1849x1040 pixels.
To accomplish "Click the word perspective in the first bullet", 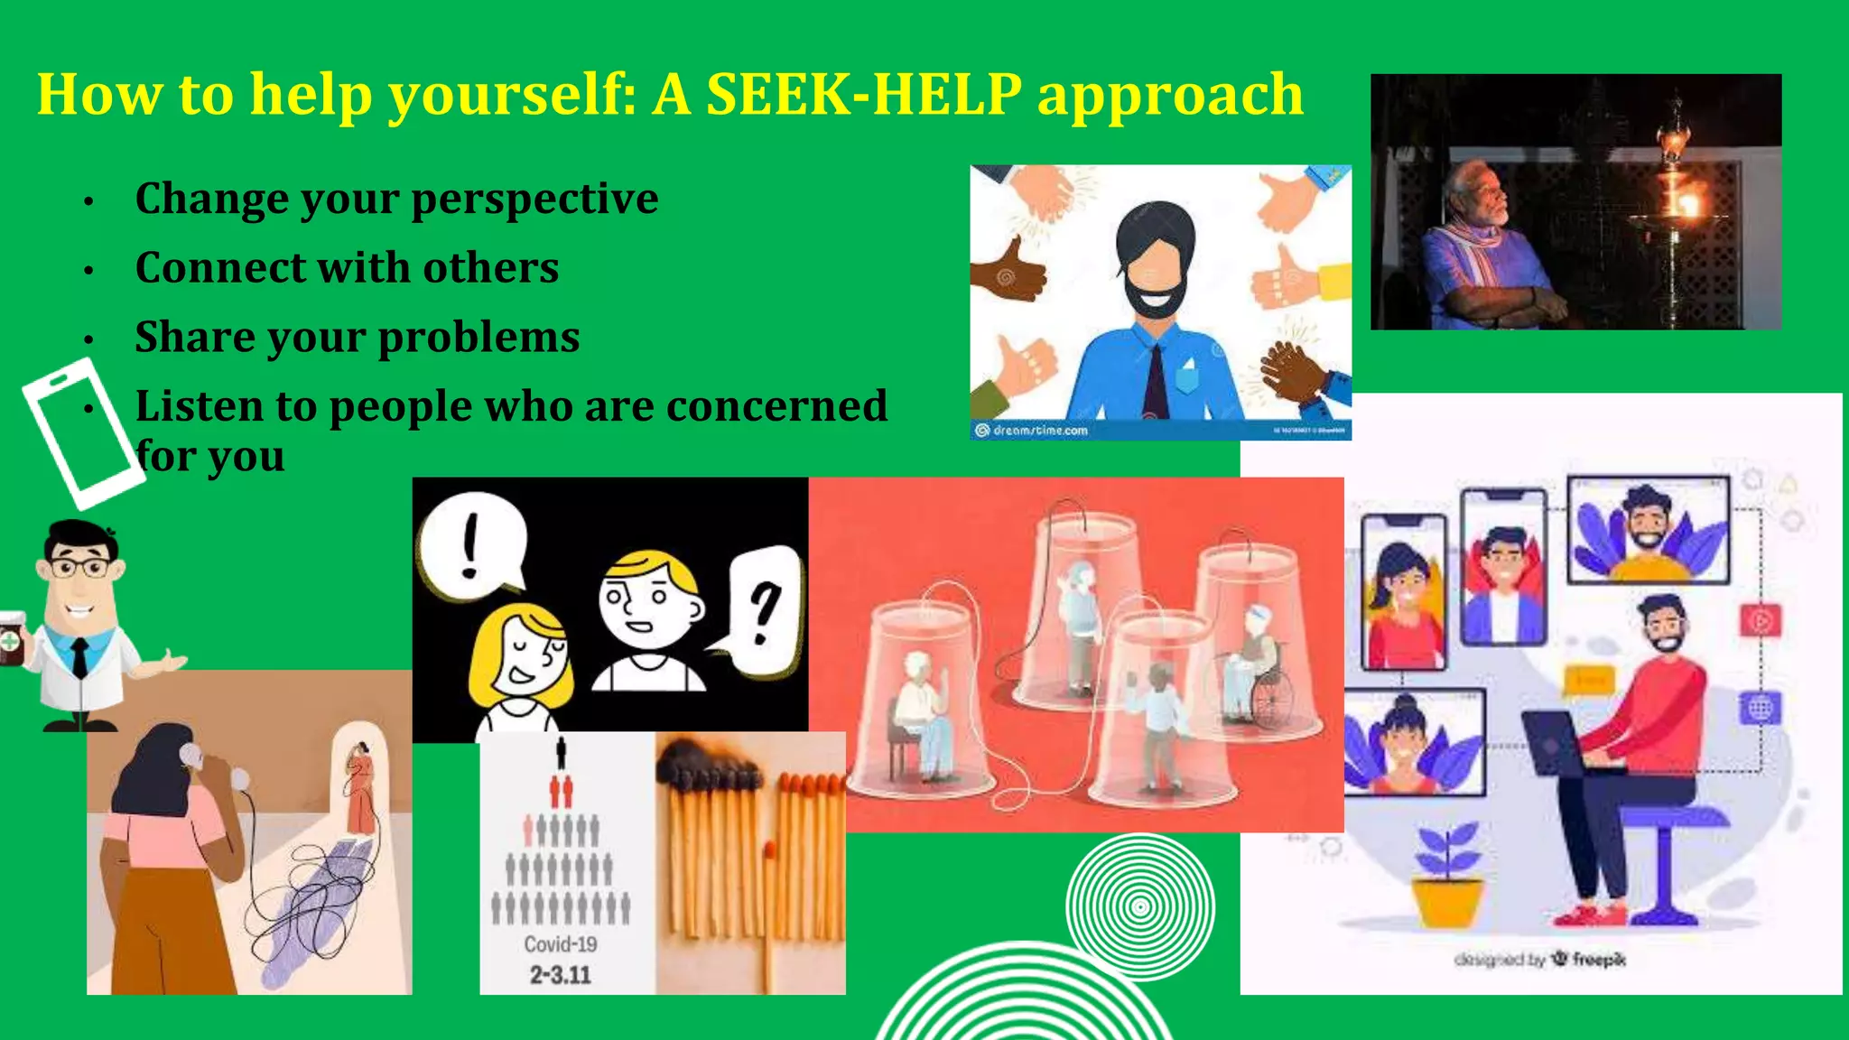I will coord(534,200).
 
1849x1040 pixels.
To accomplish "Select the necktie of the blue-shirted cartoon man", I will coord(1155,379).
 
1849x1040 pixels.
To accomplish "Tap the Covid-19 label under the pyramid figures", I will coord(561,944).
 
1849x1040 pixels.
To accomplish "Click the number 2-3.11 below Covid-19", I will coord(561,975).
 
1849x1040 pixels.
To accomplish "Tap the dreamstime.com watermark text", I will coord(1040,431).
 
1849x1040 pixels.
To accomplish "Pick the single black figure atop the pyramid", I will coord(561,752).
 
